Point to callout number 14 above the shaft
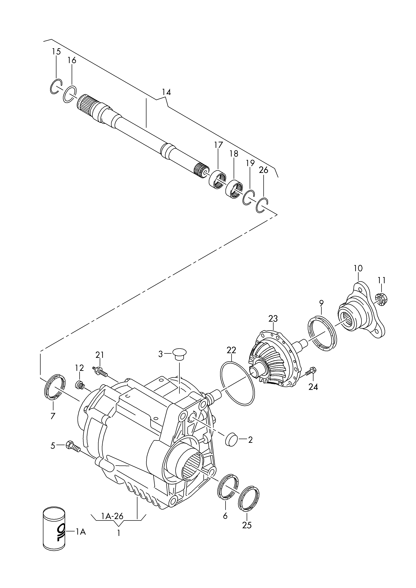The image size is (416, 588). (x=166, y=92)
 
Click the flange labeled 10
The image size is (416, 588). (x=361, y=312)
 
